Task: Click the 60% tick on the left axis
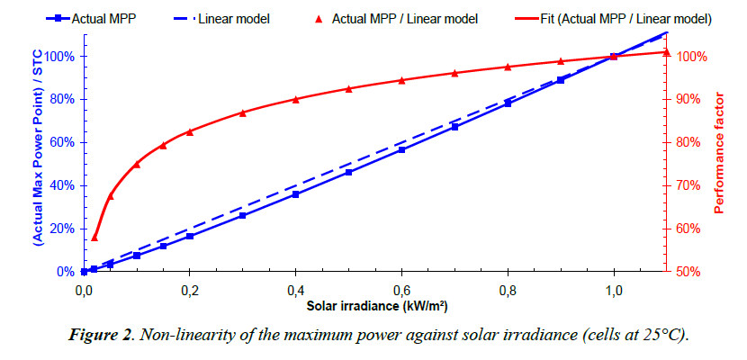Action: [61, 142]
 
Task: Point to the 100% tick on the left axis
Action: [58, 57]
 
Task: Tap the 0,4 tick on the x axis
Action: [295, 291]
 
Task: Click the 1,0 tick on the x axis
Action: [614, 291]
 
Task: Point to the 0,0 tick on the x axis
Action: [84, 291]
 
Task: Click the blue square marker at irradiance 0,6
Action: [401, 149]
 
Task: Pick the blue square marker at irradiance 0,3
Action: [242, 216]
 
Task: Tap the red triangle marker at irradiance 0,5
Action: [348, 88]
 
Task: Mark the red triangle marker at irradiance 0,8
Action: [508, 67]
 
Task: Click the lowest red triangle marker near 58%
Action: [94, 237]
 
